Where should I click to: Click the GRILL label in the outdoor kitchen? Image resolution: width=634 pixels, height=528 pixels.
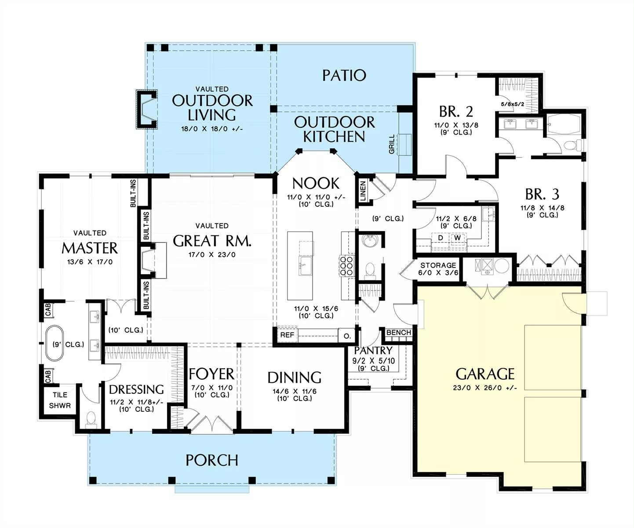pos(392,144)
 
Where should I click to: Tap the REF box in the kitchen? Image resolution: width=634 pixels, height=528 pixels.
pos(287,335)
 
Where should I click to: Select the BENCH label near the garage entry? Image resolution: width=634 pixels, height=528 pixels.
pos(399,333)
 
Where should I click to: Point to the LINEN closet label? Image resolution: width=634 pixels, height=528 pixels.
pos(363,191)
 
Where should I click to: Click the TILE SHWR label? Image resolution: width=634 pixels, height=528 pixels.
pos(60,400)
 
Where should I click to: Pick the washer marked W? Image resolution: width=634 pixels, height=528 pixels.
pos(458,238)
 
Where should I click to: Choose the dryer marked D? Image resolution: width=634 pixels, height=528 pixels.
pos(441,238)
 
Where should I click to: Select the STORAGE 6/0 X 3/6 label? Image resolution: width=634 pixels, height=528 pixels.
pos(438,269)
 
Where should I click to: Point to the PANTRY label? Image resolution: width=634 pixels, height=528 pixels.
pos(373,351)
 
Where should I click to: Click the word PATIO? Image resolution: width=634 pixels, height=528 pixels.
pos(344,75)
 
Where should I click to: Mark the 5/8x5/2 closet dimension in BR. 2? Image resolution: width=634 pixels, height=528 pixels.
pos(513,104)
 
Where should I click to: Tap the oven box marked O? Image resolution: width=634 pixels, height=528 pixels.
pos(347,336)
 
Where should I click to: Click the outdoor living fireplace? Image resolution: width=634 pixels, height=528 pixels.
pos(147,109)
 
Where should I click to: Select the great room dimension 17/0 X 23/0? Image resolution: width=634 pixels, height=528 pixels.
pos(212,255)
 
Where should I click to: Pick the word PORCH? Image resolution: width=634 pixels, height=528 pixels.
pos(212,460)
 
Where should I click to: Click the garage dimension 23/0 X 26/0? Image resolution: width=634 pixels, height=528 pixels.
pos(485,388)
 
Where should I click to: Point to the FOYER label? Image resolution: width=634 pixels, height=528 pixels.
pos(211,374)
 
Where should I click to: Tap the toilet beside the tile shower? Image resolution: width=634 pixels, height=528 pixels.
pos(91,419)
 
